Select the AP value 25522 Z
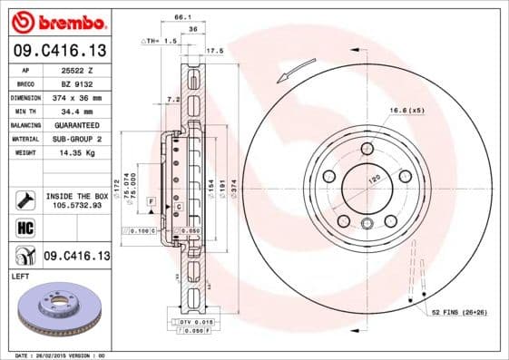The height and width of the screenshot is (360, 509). coord(80,70)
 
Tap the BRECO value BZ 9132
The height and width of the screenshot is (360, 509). coord(79,83)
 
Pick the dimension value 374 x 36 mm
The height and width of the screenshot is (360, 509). coord(80,97)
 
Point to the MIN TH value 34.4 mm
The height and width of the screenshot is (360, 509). coord(78,111)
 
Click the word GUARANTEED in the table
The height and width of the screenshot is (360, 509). coord(80,124)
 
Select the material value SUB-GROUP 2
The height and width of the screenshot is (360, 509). coord(80,139)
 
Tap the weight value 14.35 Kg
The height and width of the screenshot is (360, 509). coord(78,152)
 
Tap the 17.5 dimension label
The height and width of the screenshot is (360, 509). coord(215,51)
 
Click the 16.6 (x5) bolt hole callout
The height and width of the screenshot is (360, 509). coord(407,111)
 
